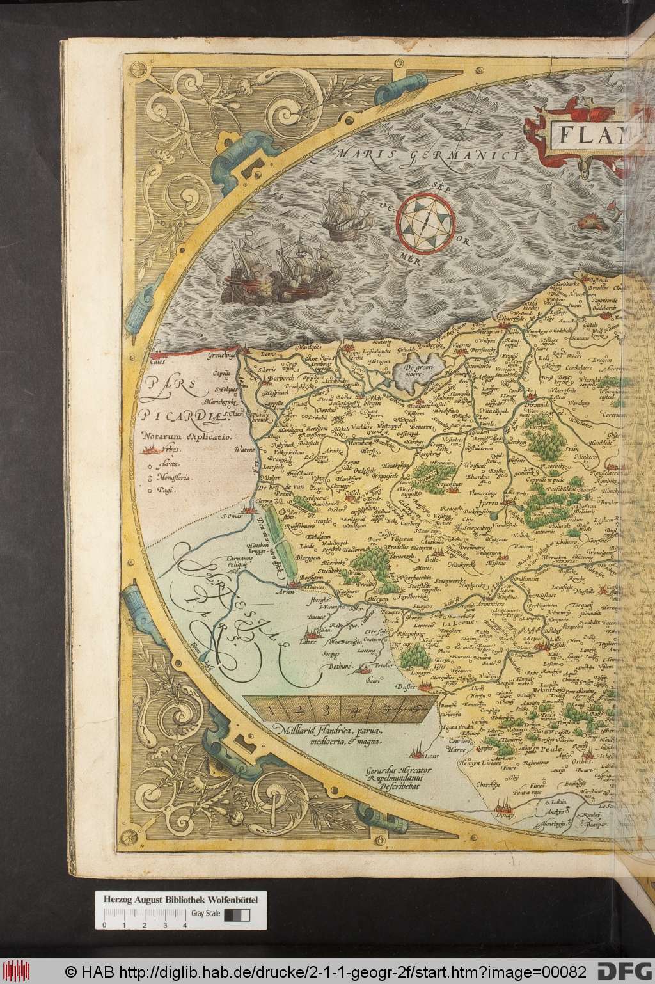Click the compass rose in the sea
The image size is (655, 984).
[422, 221]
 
